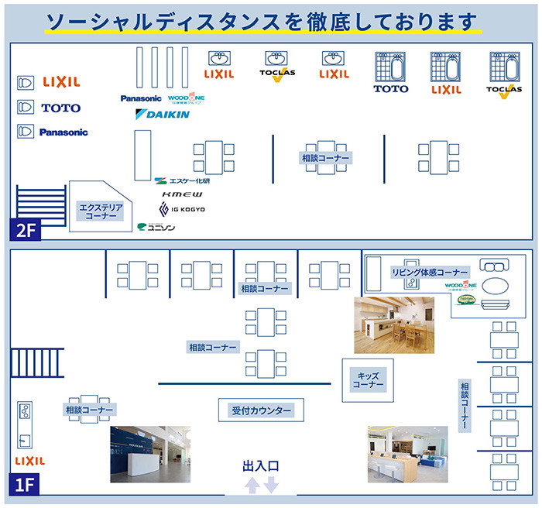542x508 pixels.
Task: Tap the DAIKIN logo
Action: pyautogui.click(x=163, y=115)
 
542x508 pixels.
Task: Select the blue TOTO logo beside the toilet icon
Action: pyautogui.click(x=60, y=108)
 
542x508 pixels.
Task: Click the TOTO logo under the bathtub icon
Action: pyautogui.click(x=390, y=89)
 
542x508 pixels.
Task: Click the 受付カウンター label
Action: pyautogui.click(x=261, y=410)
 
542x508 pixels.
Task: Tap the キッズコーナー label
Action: pyautogui.click(x=369, y=379)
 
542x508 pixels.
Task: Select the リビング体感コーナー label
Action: pyautogui.click(x=430, y=273)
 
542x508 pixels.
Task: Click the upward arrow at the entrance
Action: pyautogui.click(x=252, y=486)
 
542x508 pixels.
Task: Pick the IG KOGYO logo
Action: pyautogui.click(x=184, y=210)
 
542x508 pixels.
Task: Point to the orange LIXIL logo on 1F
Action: pyautogui.click(x=30, y=461)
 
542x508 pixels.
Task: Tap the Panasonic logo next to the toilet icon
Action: pyautogui.click(x=63, y=132)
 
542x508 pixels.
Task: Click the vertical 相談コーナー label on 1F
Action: pyautogui.click(x=464, y=405)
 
